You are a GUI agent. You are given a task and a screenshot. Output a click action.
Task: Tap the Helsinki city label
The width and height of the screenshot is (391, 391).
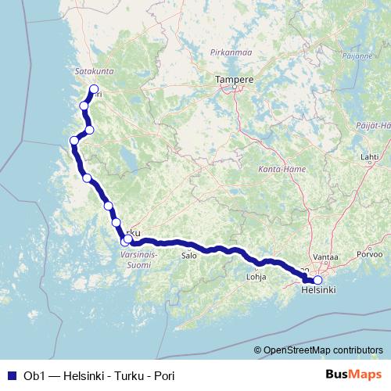click(318, 290)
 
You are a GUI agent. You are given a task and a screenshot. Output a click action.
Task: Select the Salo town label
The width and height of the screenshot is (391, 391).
click(188, 255)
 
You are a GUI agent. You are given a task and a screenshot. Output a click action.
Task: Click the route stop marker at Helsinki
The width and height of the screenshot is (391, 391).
click(317, 280)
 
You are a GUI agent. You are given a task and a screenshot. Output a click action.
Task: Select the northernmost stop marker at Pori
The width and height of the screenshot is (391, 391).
click(94, 89)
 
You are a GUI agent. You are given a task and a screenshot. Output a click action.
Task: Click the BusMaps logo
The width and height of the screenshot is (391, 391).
click(353, 374)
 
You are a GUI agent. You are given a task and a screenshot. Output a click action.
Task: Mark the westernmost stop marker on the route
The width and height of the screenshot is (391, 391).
click(74, 141)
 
